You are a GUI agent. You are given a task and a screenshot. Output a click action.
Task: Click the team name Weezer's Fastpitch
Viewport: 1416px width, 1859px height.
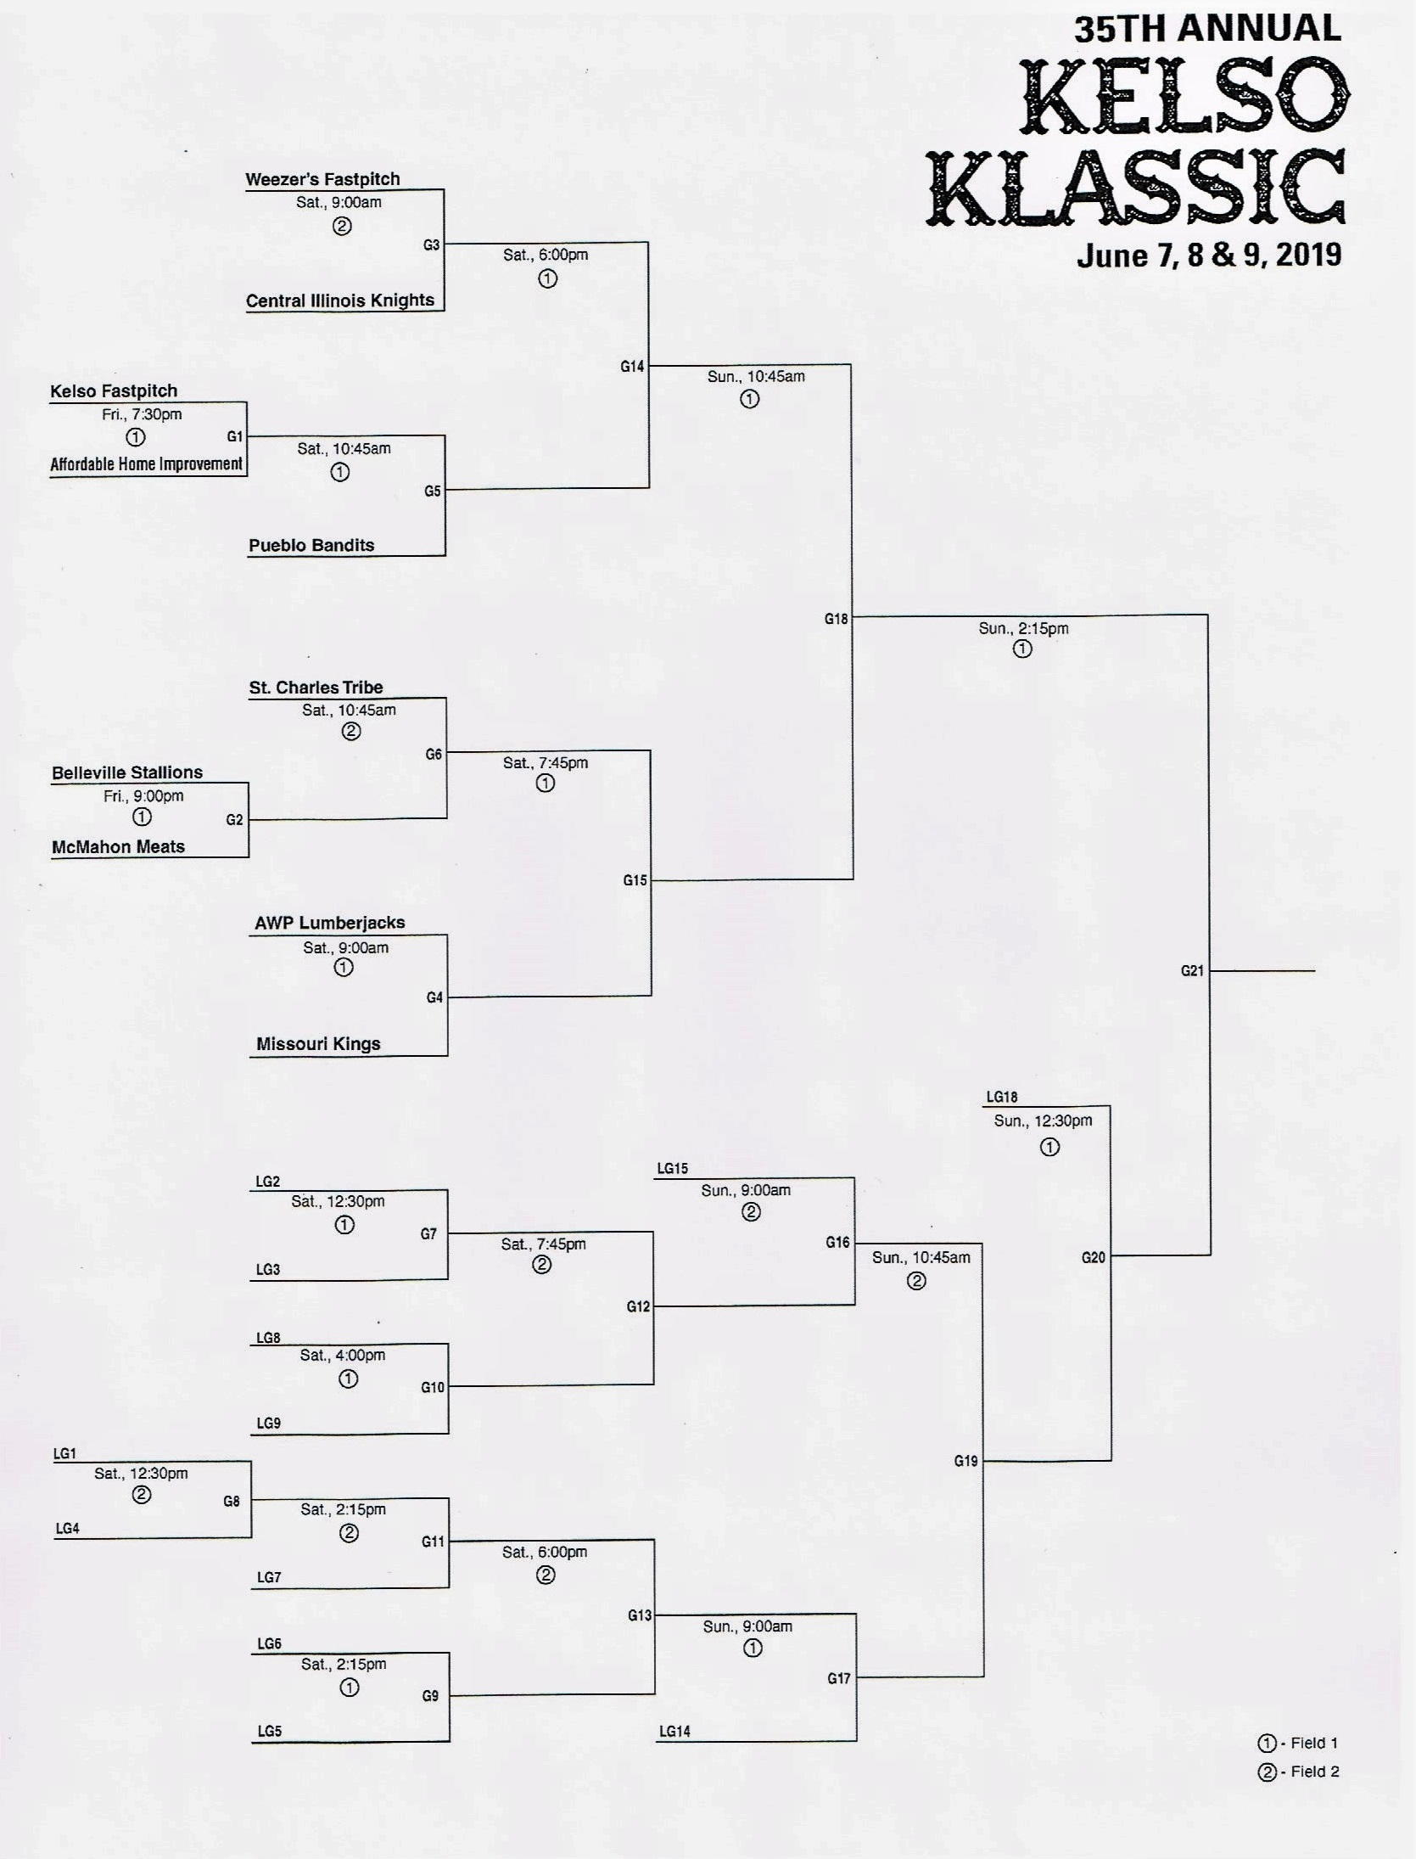click(x=322, y=179)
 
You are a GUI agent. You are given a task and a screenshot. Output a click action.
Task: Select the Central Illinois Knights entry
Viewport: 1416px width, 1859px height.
click(x=339, y=300)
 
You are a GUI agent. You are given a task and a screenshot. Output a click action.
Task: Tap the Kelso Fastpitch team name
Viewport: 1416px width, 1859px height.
click(x=114, y=391)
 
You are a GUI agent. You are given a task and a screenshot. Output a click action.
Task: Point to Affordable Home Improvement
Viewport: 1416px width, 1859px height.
click(x=146, y=464)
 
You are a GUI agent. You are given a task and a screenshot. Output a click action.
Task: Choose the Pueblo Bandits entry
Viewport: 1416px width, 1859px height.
click(x=311, y=545)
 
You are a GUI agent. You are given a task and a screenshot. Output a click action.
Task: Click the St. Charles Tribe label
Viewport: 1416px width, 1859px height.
click(x=316, y=688)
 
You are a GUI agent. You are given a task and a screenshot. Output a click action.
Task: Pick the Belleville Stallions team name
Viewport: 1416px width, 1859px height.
click(x=127, y=772)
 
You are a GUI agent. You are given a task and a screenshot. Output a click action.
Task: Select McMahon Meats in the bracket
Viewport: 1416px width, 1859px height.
click(x=118, y=846)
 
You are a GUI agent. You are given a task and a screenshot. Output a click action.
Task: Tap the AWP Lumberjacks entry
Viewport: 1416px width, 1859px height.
click(x=330, y=923)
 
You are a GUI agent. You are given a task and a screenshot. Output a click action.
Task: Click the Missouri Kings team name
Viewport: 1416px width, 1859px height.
click(x=318, y=1044)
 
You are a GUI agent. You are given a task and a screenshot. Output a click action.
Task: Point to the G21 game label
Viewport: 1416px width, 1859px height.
click(x=1192, y=971)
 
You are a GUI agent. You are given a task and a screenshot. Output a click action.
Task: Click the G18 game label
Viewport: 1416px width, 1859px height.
click(x=836, y=620)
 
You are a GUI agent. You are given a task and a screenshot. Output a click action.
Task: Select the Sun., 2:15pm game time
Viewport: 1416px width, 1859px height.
click(x=1023, y=629)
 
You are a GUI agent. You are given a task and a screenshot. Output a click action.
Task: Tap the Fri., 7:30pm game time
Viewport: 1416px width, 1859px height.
click(x=142, y=414)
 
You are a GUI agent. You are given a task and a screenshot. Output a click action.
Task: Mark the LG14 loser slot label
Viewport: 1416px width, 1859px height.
click(x=674, y=1732)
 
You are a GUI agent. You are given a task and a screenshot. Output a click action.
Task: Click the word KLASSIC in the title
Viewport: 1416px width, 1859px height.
click(x=1136, y=187)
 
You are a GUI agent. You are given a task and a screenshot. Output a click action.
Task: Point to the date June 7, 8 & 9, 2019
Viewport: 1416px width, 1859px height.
click(x=1209, y=256)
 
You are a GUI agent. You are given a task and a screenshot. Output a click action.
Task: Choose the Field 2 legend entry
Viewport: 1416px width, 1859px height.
click(x=1298, y=1772)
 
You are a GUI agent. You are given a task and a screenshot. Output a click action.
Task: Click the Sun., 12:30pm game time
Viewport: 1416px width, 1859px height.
click(x=1043, y=1121)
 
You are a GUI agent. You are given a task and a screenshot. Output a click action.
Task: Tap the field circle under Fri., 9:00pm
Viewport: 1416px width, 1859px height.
click(x=142, y=817)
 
